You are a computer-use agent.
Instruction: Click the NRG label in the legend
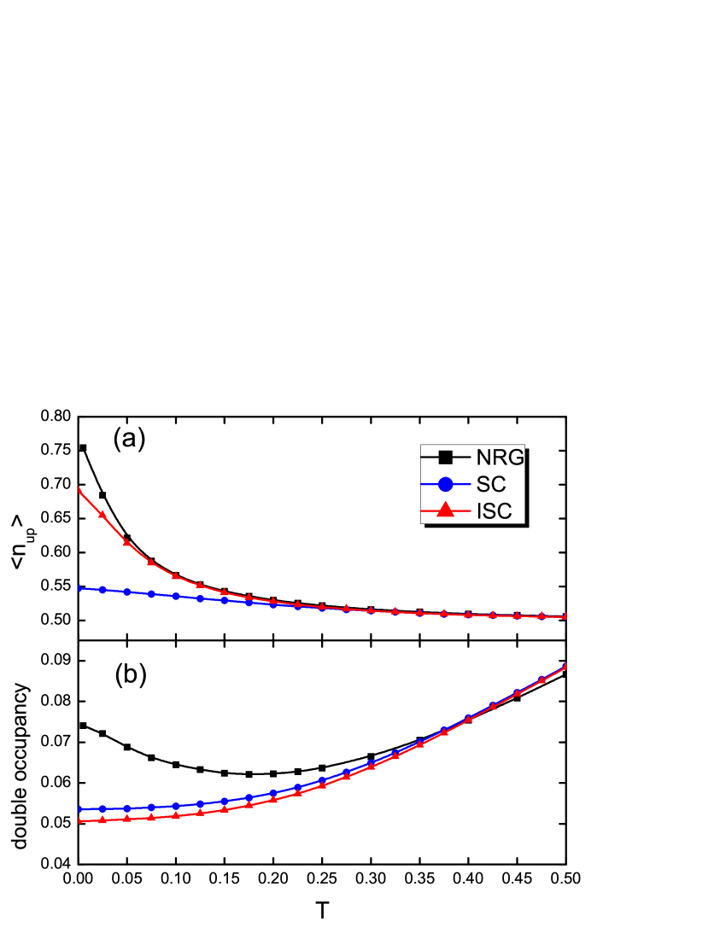500,457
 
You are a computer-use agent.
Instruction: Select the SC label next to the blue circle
491,484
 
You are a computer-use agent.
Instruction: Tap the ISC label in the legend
495,511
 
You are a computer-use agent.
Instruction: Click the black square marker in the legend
445,457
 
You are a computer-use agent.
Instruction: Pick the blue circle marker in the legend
445,484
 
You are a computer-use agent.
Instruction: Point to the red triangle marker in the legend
445,510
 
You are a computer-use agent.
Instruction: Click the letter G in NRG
515,457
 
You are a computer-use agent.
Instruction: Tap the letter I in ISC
479,511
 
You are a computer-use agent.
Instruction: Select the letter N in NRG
484,457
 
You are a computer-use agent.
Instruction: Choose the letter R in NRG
499,457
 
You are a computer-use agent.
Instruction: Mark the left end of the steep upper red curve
79,489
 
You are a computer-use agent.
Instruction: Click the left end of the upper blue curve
79,588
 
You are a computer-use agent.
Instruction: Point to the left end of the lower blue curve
79,808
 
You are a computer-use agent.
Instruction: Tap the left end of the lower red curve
79,820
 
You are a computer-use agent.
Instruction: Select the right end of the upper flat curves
565,616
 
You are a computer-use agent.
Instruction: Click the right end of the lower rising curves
565,666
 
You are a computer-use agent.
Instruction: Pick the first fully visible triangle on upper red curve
102,515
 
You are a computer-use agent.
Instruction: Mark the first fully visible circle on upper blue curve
102,590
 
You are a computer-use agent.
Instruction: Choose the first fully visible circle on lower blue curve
102,808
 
